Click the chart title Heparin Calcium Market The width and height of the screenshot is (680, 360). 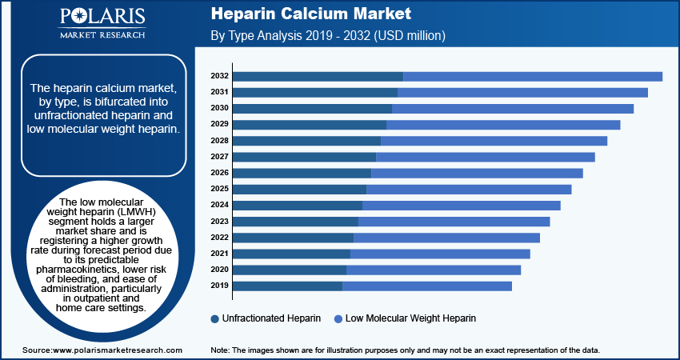click(311, 14)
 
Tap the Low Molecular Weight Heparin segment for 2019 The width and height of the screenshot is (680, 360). click(426, 286)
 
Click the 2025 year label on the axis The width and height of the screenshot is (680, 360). click(220, 189)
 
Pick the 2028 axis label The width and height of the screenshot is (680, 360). click(220, 140)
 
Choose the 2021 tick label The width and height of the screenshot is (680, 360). click(220, 253)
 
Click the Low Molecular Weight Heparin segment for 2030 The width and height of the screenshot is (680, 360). click(512, 108)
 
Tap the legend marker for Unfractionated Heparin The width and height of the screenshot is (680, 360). click(215, 318)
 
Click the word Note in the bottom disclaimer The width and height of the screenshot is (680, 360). click(219, 350)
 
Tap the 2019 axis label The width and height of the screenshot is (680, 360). click(220, 285)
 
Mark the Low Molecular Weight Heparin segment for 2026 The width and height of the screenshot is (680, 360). click(477, 173)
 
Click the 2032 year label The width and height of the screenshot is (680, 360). click(220, 76)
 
